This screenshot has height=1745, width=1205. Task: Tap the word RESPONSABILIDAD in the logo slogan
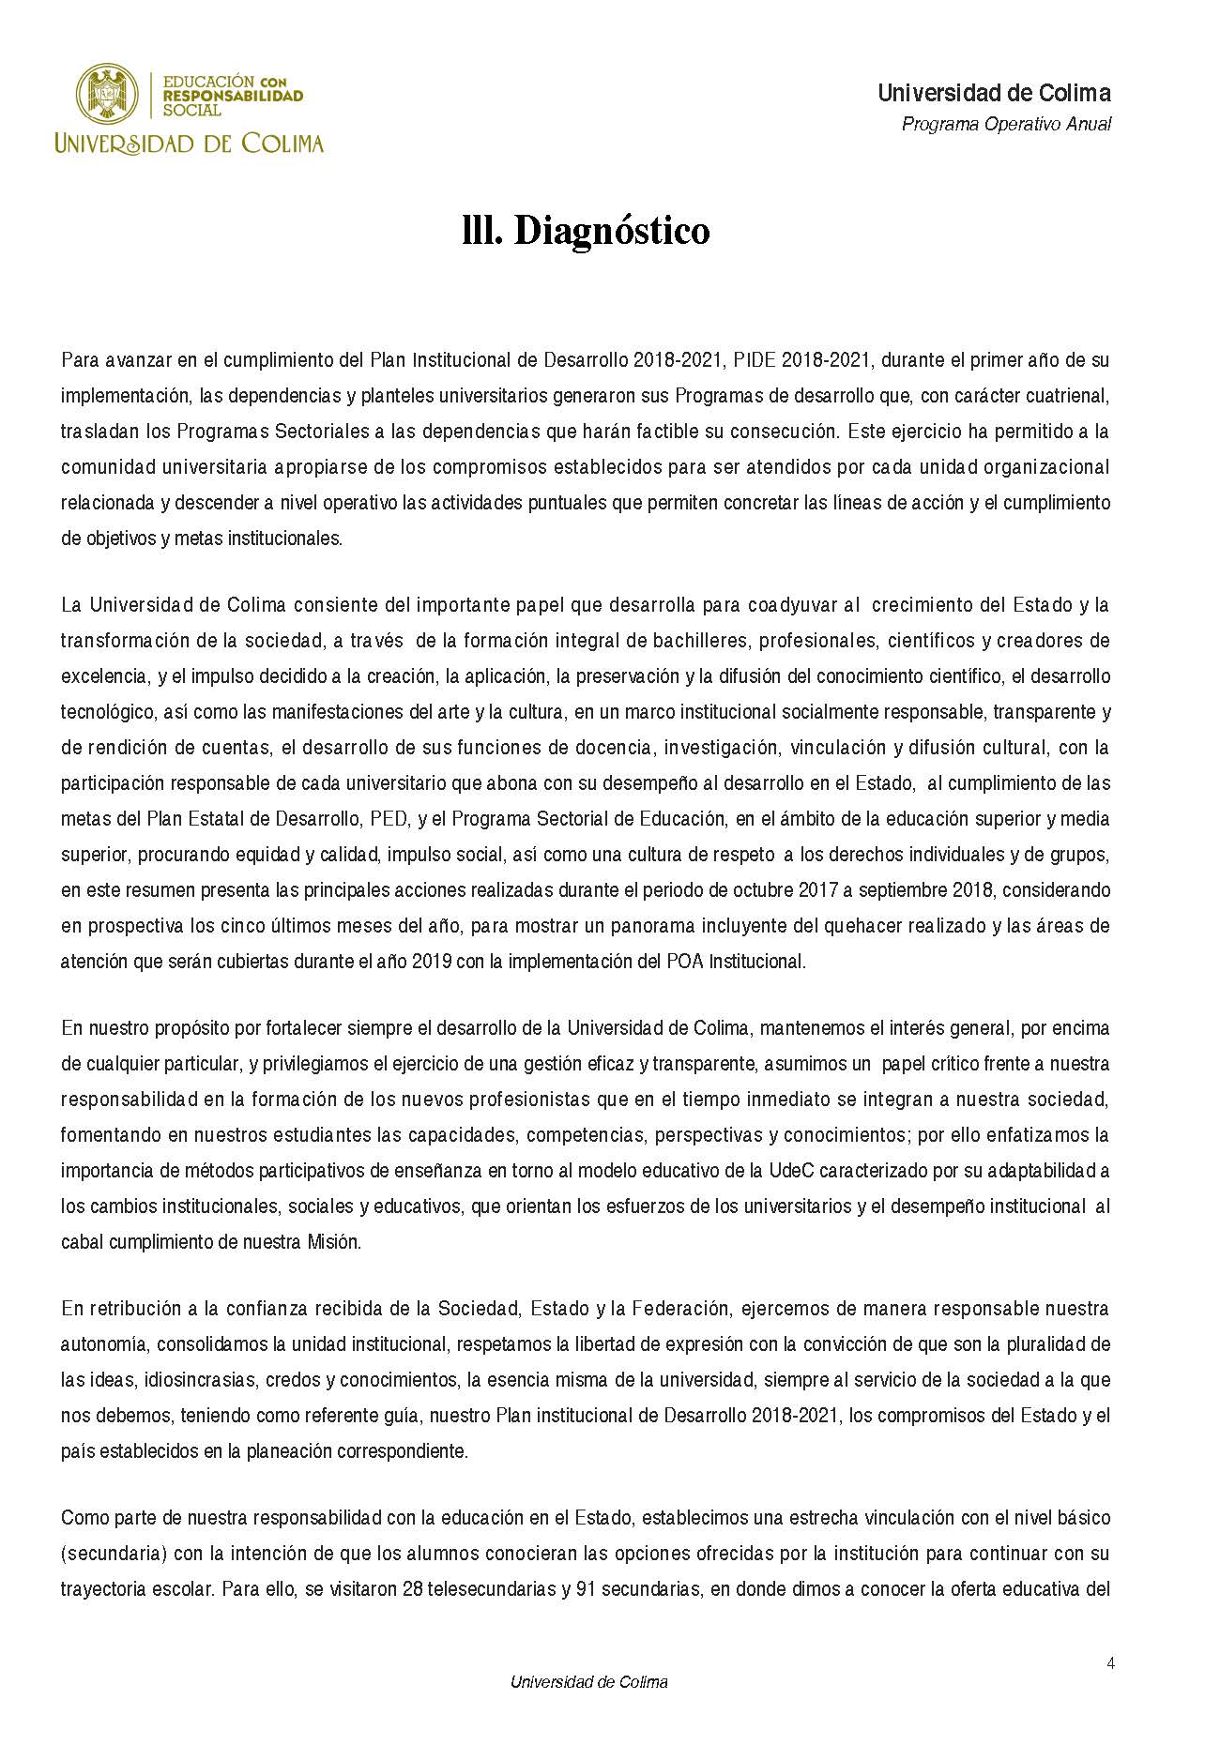click(x=233, y=96)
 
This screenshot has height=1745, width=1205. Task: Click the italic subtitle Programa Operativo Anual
click(x=1006, y=124)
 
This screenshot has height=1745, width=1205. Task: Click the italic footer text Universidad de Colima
click(x=588, y=1682)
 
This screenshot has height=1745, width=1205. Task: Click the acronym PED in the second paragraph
click(x=389, y=819)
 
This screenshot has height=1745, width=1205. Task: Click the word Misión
click(x=333, y=1242)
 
